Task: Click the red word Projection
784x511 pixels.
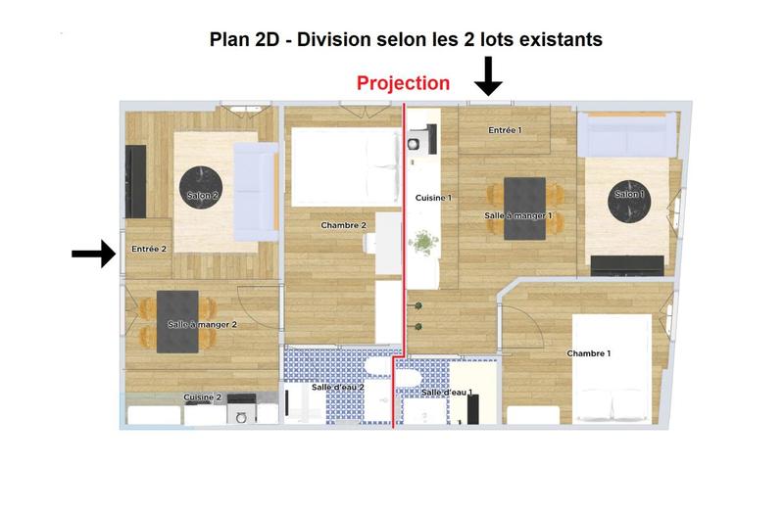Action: (403, 83)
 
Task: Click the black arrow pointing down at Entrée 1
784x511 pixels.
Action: (488, 75)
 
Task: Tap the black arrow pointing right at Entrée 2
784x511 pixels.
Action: (93, 255)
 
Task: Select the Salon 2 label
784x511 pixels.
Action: (202, 196)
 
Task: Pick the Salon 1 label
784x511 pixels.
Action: (629, 194)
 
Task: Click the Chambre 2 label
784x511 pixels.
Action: (343, 225)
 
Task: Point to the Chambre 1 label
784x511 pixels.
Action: (588, 353)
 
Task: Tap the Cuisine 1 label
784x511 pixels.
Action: (433, 197)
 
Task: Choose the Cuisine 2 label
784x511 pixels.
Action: (203, 397)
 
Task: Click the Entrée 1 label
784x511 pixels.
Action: (505, 129)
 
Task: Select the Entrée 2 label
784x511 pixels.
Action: (149, 249)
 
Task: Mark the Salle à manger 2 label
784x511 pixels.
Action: (202, 323)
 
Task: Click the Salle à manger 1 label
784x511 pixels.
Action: (518, 215)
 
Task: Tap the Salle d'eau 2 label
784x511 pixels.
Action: (338, 388)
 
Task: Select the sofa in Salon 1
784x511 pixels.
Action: (627, 134)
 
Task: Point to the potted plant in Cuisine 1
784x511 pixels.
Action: (422, 241)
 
